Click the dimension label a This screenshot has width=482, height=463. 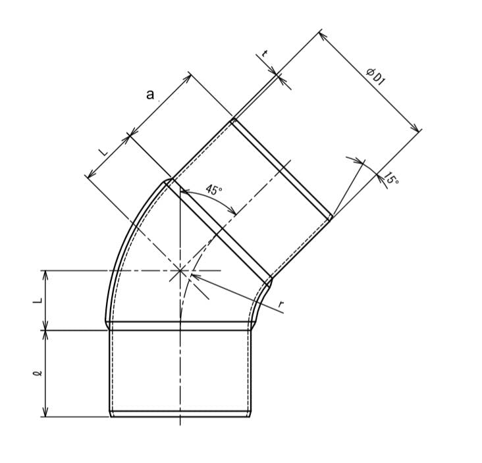(x=149, y=95)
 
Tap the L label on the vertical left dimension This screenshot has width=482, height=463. (x=37, y=301)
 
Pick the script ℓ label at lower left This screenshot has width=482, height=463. (x=38, y=374)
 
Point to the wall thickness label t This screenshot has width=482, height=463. (x=264, y=53)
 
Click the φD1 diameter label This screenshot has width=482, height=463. (x=375, y=77)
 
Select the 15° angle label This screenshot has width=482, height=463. (x=391, y=179)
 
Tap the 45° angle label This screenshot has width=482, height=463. (x=213, y=189)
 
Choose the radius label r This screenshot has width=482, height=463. (x=281, y=305)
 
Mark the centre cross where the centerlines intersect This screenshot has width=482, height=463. (x=180, y=270)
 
